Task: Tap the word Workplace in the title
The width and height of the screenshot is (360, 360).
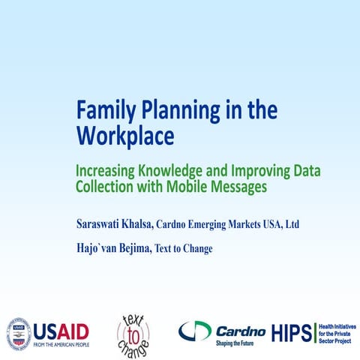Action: pos(124,136)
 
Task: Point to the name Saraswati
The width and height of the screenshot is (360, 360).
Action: pos(103,224)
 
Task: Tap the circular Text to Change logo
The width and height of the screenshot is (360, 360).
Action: pos(132,333)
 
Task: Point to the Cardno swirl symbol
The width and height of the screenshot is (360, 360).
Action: pos(194,331)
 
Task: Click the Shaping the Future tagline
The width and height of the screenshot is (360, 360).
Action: pos(237,343)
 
